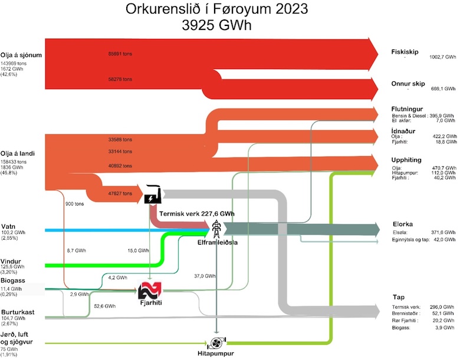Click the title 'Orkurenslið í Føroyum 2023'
(216, 10)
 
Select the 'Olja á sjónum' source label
(22, 55)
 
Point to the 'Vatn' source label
(8, 226)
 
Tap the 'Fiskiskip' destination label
(405, 51)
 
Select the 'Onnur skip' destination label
(408, 83)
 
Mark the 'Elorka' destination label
(402, 224)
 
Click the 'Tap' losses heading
(398, 298)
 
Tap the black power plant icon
(154, 194)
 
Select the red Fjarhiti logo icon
(149, 290)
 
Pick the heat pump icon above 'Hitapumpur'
(216, 343)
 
